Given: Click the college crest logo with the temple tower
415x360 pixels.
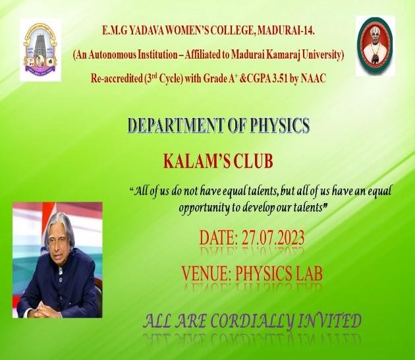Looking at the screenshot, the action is click(x=40, y=50).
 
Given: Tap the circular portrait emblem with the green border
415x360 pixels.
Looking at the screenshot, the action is click(x=375, y=45).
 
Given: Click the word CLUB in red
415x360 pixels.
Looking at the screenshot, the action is click(x=253, y=162).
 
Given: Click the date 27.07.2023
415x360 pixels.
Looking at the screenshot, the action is click(x=273, y=237).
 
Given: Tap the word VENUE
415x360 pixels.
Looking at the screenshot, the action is click(x=205, y=273).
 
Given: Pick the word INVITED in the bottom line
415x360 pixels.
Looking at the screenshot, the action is click(x=329, y=321).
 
